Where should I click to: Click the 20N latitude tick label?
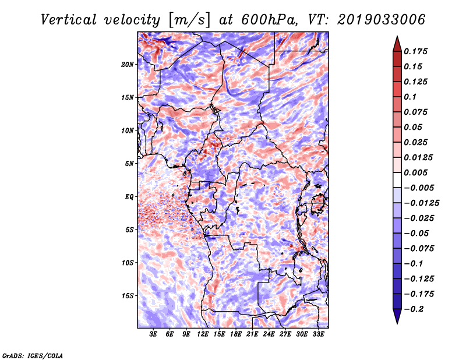[128, 65]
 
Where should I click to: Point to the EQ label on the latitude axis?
[129, 197]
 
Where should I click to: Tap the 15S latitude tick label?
[128, 296]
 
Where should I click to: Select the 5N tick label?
[129, 164]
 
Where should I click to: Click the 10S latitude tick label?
[128, 263]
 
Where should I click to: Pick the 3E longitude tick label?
[153, 334]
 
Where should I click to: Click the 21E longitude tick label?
[252, 334]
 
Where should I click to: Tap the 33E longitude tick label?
[318, 334]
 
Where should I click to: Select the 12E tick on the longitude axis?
[203, 334]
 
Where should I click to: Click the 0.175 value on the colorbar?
[415, 51]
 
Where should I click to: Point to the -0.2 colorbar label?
[414, 309]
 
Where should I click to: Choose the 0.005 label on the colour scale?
[415, 172]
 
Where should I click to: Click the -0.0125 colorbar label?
[421, 203]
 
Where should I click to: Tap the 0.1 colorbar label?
[410, 97]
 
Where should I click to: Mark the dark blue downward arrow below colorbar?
[397, 316]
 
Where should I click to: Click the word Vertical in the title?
[69, 20]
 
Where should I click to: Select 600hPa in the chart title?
[269, 20]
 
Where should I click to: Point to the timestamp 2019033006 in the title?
[381, 20]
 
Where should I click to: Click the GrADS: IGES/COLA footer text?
[33, 355]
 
